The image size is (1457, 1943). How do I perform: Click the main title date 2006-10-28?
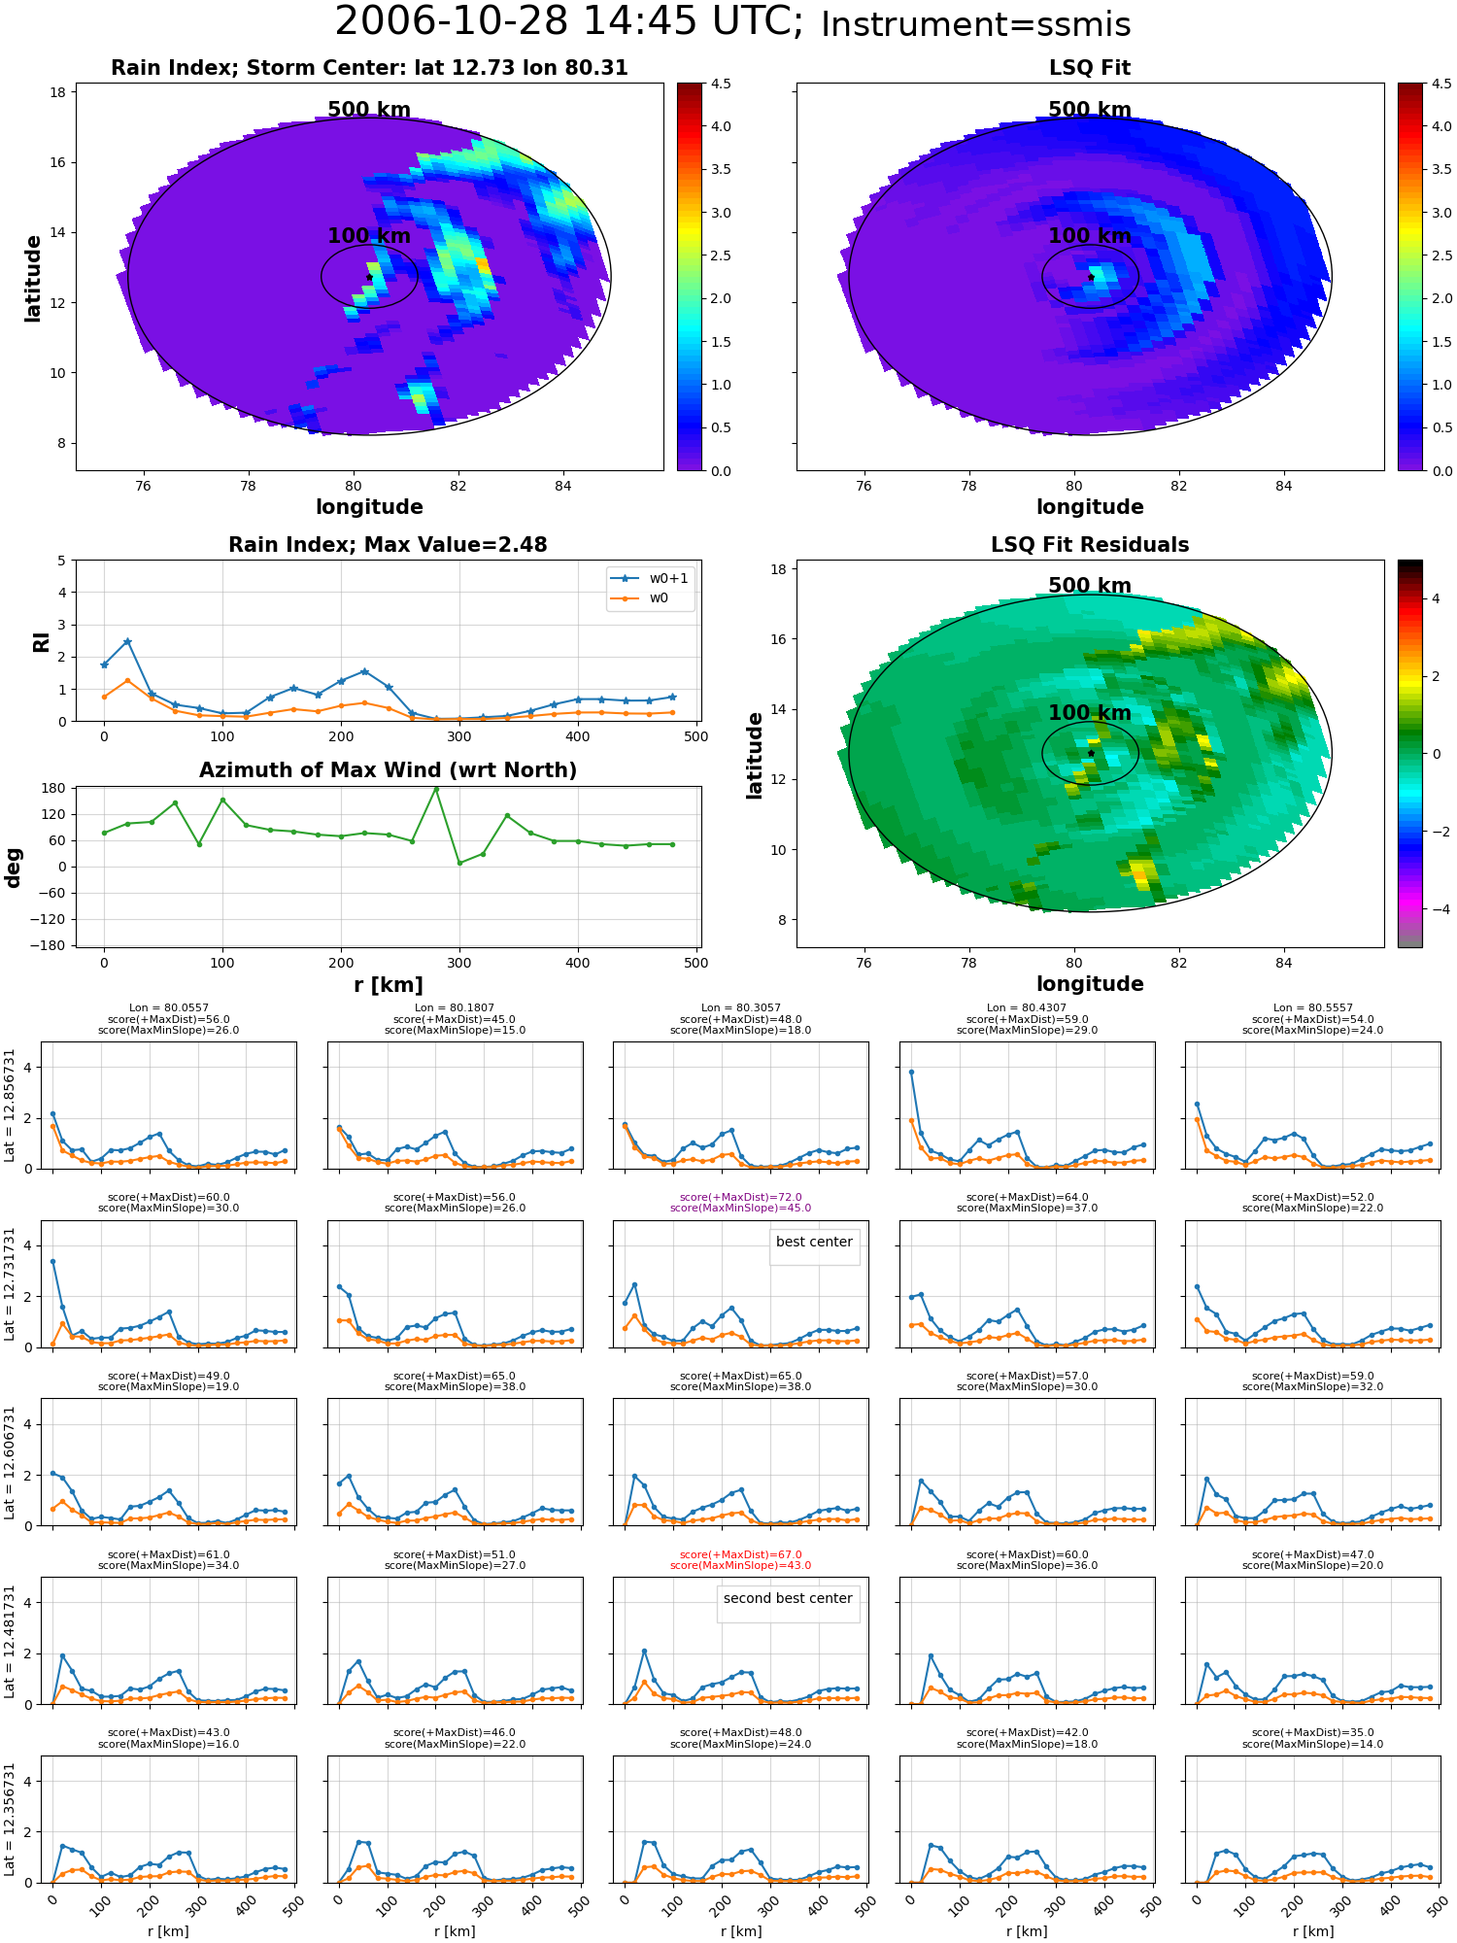466,21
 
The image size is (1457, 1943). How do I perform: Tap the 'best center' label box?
814,1242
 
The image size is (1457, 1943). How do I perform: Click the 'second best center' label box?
788,1598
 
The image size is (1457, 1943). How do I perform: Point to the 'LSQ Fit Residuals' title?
1090,545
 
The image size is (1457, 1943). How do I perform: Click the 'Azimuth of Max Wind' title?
388,770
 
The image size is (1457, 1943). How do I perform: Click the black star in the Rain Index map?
370,277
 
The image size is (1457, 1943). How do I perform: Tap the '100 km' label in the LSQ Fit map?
1090,235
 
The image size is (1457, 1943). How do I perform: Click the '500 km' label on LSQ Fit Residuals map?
1090,585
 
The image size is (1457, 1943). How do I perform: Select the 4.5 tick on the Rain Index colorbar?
721,84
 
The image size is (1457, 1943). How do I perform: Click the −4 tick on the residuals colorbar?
1436,909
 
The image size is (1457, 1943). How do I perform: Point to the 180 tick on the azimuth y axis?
53,788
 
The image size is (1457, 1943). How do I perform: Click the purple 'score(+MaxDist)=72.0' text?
740,1197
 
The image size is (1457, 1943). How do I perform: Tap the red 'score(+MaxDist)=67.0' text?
740,1554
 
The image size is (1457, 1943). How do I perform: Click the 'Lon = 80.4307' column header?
1027,1007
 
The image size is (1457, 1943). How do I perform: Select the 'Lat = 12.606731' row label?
10,1462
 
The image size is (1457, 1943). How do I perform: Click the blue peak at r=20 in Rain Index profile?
127,641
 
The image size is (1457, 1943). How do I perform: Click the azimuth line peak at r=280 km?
436,789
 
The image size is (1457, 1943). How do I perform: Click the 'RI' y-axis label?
41,641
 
